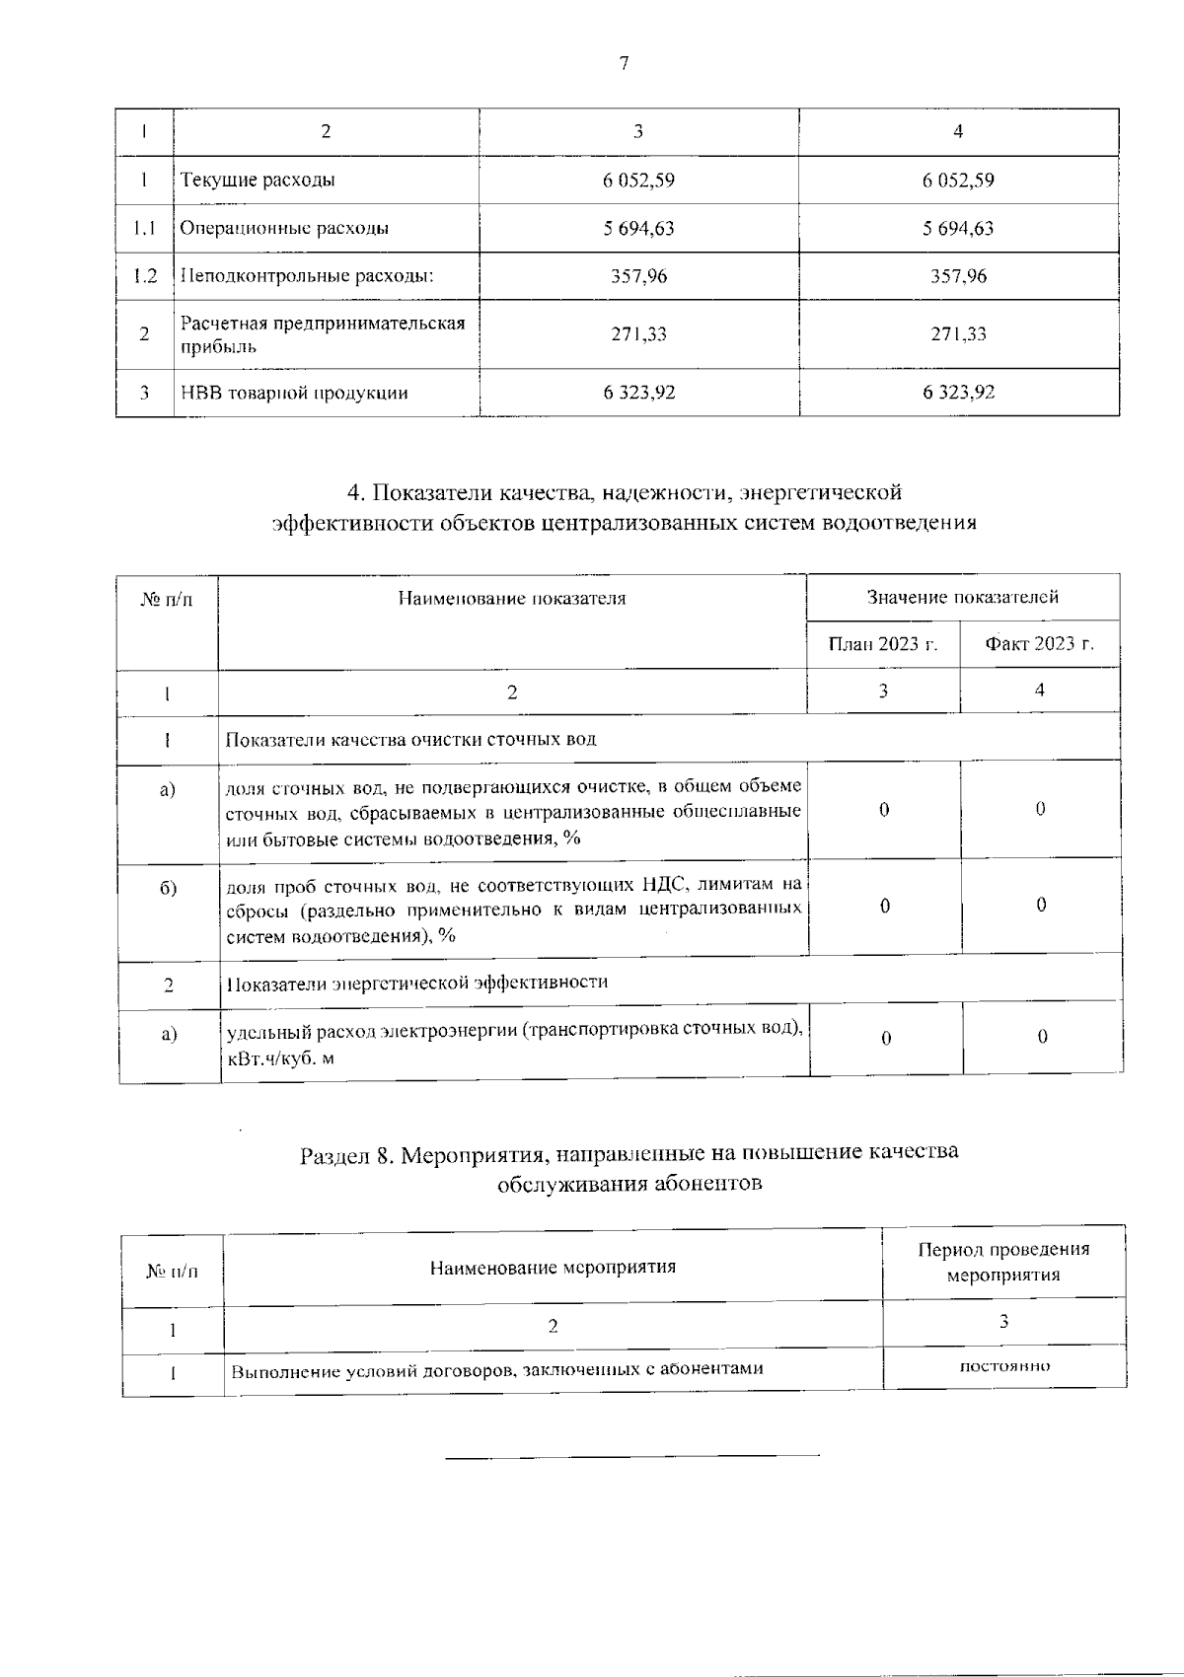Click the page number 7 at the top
tap(623, 64)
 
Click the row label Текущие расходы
tap(258, 181)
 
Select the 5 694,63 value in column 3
tap(638, 229)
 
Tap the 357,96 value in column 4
tap(958, 276)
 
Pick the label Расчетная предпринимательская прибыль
tap(322, 334)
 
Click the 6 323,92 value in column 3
tap(638, 393)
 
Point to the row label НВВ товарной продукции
tap(294, 393)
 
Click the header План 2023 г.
tap(882, 645)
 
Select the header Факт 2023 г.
tap(1039, 645)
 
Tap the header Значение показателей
tap(962, 597)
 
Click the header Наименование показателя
tap(511, 598)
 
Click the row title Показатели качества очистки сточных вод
tap(410, 739)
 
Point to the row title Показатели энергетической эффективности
tap(416, 983)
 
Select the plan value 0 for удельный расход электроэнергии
tap(885, 1038)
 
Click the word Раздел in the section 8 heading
tap(334, 1153)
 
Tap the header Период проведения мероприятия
tap(1003, 1262)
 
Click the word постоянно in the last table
tap(1003, 1366)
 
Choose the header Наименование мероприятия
tap(553, 1268)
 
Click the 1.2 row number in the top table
tap(145, 276)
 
